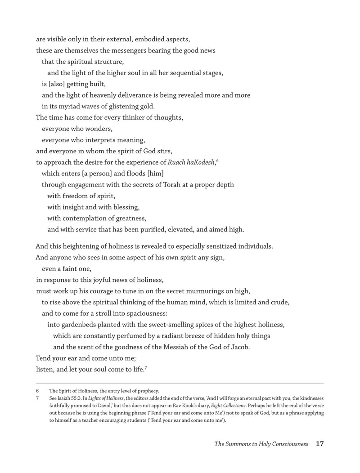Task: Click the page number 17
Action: pyautogui.click(x=320, y=444)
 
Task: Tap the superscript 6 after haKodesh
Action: pyautogui.click(x=217, y=160)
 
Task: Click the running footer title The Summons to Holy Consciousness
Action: pyautogui.click(x=261, y=444)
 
